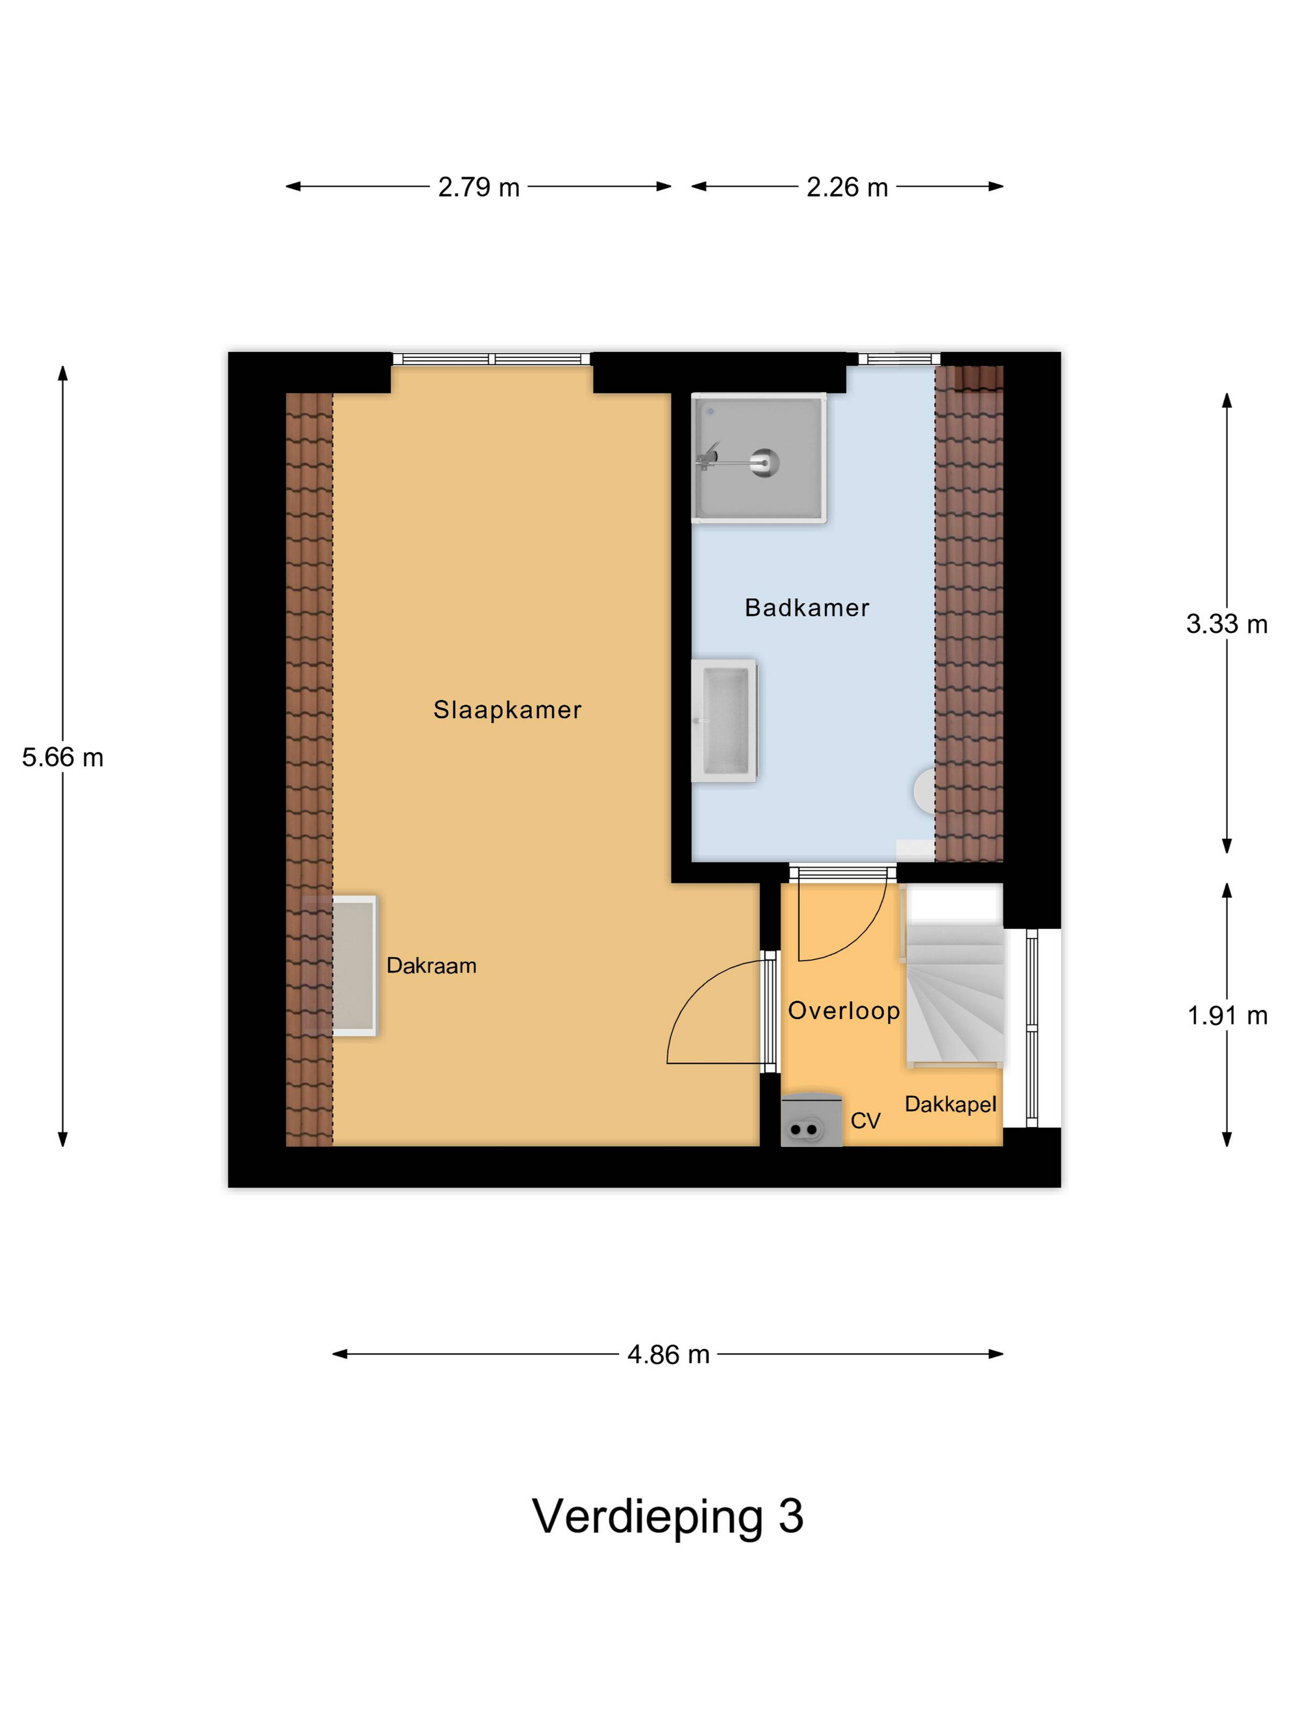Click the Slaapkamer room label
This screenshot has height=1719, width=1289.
pos(507,709)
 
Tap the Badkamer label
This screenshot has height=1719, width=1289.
pos(807,608)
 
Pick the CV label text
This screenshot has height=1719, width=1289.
pos(866,1121)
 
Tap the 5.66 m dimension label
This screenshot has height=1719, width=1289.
pos(62,757)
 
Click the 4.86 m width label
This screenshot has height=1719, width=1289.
pos(668,1354)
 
